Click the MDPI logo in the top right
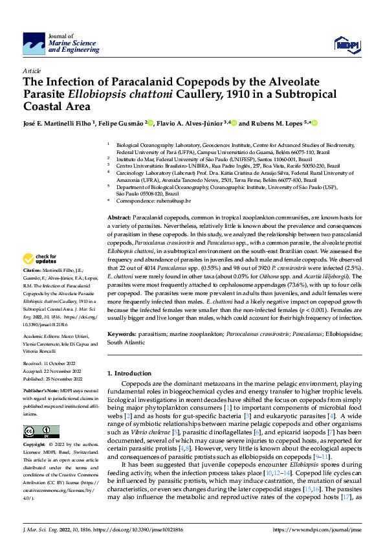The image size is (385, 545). pyautogui.click(x=344, y=44)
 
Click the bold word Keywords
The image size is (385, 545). pyautogui.click(x=122, y=332)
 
